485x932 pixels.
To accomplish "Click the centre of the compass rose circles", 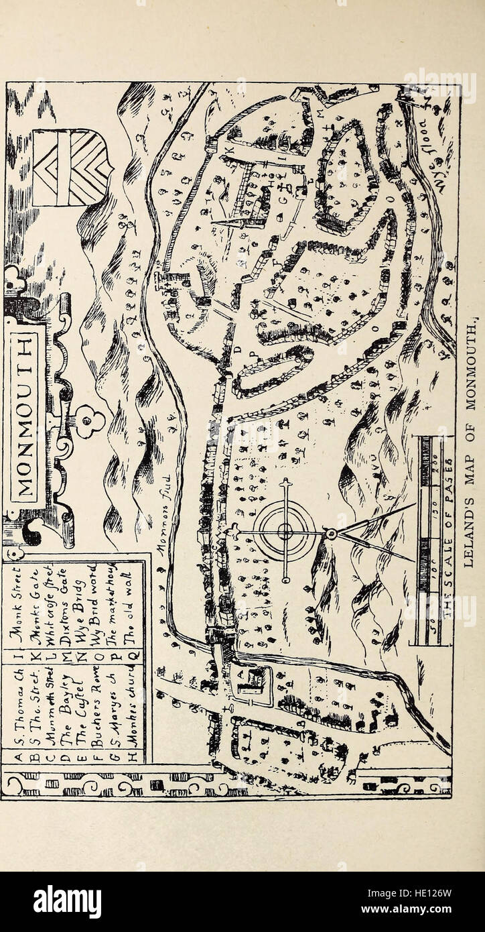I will click(287, 533).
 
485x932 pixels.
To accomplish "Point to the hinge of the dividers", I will click(329, 534).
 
